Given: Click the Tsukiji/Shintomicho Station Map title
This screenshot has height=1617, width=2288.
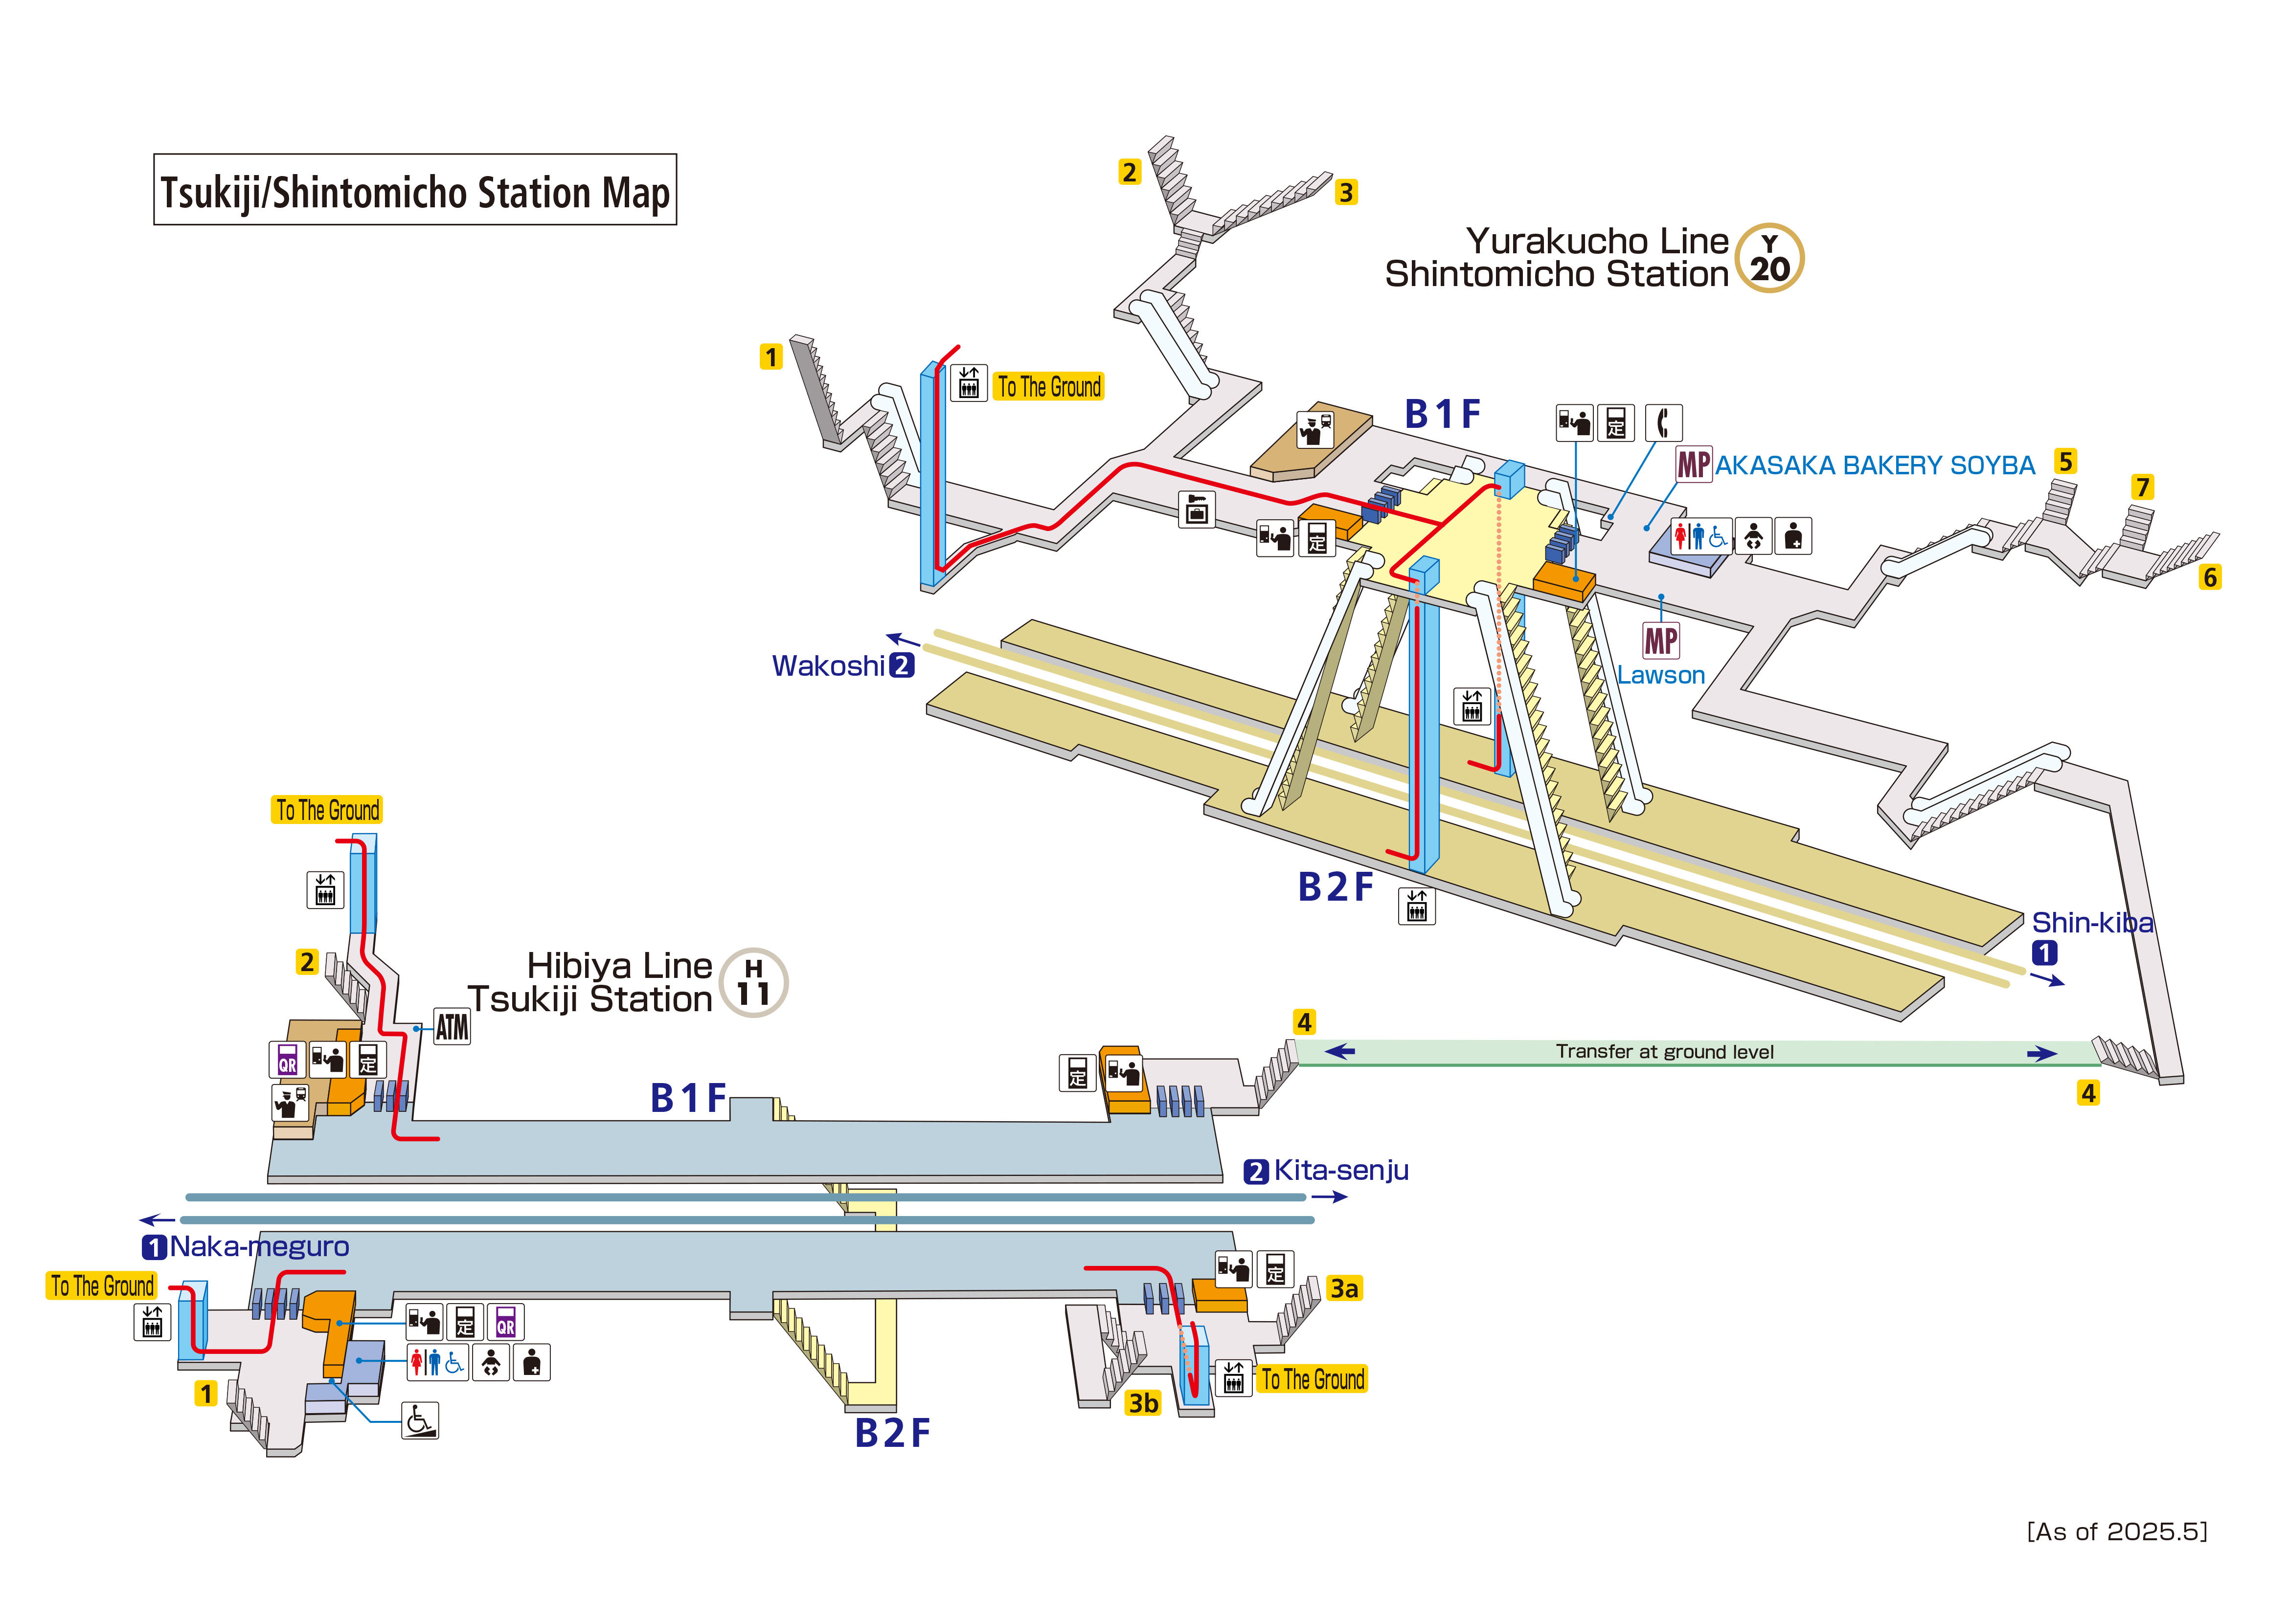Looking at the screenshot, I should click(414, 190).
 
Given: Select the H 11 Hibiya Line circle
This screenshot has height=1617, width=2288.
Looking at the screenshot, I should click(753, 982).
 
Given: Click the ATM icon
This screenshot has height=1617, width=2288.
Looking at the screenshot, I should click(452, 1026).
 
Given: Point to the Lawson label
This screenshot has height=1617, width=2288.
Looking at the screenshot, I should click(1660, 675).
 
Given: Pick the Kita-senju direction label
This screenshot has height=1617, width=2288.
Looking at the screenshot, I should click(1340, 1171).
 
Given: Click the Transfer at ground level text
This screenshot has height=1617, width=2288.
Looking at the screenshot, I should click(1664, 1052).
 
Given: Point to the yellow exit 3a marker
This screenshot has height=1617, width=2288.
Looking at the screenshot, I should click(1343, 1288).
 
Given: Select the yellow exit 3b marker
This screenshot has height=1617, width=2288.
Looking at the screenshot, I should click(1143, 1403).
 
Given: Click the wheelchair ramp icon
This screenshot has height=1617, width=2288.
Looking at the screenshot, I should click(420, 1420).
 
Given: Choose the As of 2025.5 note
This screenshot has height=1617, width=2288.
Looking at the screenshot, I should click(2117, 1531).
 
